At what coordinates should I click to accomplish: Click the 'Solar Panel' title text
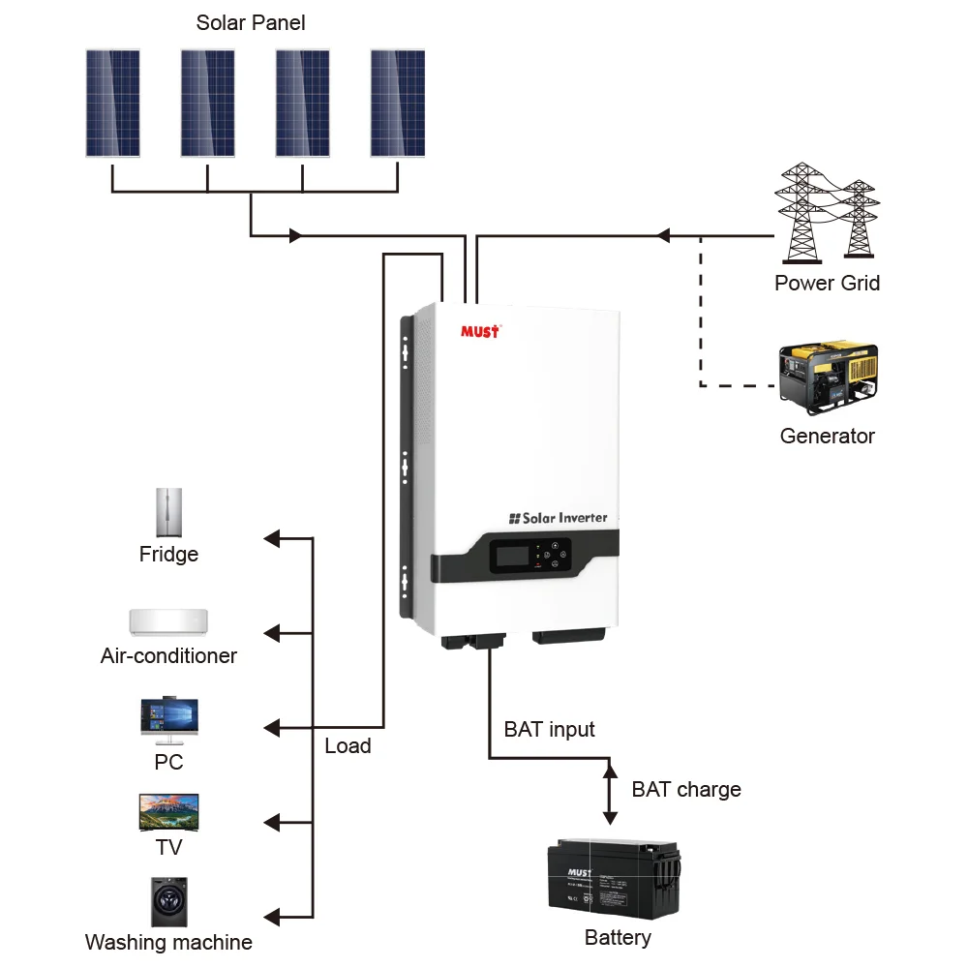click(251, 22)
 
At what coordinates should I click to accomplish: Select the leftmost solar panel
click(112, 103)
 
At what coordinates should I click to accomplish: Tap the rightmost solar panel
click(398, 103)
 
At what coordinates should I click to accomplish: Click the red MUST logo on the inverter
click(480, 332)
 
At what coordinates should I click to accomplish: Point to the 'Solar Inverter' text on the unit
click(559, 518)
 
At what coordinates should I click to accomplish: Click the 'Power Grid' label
click(827, 283)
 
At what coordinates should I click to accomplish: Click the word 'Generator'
click(827, 436)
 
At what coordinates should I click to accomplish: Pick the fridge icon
click(169, 512)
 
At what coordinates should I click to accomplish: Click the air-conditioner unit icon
click(168, 620)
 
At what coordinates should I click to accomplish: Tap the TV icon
click(168, 812)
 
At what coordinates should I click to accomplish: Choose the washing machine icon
click(168, 902)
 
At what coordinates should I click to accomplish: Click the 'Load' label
click(348, 745)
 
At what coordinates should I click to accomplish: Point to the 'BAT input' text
click(549, 729)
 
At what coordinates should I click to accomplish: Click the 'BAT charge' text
click(685, 789)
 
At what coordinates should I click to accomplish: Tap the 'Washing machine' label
click(168, 942)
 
